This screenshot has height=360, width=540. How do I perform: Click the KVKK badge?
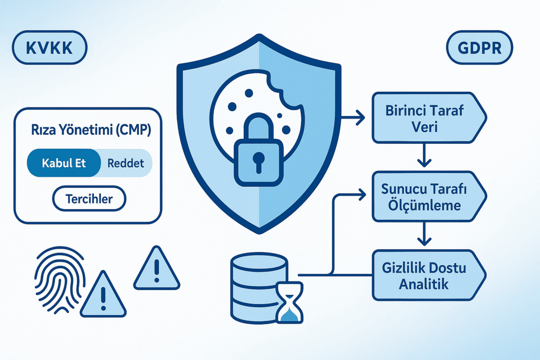click(x=50, y=47)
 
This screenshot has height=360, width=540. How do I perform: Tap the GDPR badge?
click(x=479, y=47)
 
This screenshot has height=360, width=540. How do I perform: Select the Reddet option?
click(x=126, y=163)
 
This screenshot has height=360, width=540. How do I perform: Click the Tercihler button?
click(x=89, y=199)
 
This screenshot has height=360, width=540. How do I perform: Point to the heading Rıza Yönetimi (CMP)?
click(x=91, y=130)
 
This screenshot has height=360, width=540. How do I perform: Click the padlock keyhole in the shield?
click(x=258, y=162)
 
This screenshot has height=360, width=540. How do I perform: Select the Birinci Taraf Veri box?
click(x=429, y=118)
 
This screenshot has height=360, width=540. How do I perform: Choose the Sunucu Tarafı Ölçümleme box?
click(x=429, y=197)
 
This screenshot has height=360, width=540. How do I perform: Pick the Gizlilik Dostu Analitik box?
click(x=429, y=275)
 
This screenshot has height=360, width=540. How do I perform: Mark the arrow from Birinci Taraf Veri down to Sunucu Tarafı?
click(x=424, y=155)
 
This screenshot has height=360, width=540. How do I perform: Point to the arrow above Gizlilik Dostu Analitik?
click(x=424, y=233)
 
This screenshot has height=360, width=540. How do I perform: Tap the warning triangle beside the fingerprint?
click(x=103, y=294)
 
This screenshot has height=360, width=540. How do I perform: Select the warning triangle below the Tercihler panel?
click(x=157, y=268)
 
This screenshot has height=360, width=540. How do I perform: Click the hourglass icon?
click(x=290, y=303)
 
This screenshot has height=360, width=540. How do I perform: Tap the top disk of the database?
click(x=259, y=262)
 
